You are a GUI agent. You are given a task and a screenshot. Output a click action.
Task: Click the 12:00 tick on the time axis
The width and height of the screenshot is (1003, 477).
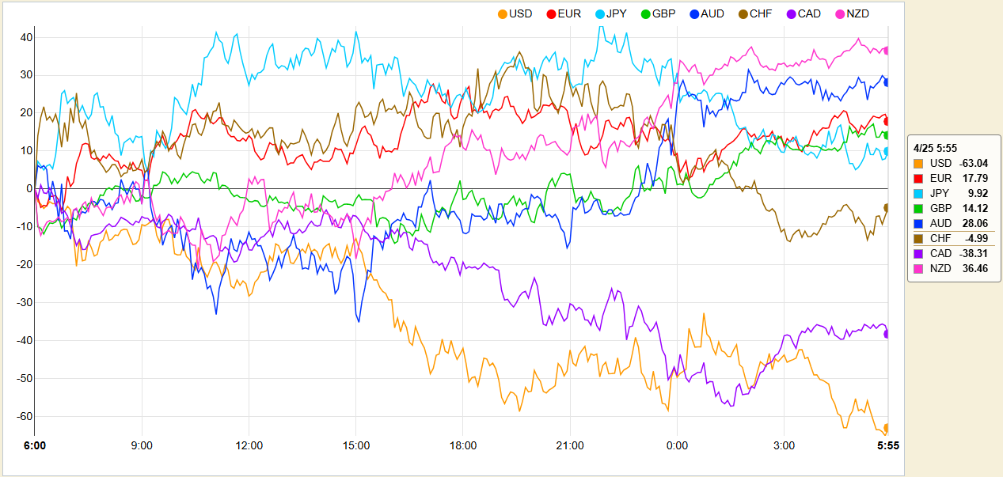click(x=249, y=445)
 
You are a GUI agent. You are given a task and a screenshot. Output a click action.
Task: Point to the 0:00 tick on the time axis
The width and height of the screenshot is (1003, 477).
click(x=677, y=445)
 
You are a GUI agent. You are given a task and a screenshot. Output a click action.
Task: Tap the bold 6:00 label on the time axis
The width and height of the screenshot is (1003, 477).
click(x=35, y=445)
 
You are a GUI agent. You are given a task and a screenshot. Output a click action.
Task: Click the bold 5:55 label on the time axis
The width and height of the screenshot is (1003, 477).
click(x=887, y=445)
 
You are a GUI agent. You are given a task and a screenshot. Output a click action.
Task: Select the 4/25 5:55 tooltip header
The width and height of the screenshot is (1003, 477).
click(x=935, y=147)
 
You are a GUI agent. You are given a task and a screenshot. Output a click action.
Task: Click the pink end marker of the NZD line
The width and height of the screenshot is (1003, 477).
click(x=887, y=51)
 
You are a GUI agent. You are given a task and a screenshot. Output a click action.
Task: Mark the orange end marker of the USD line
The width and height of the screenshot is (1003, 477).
click(x=887, y=428)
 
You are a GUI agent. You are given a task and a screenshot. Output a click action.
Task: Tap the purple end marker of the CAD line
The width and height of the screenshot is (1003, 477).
click(x=887, y=334)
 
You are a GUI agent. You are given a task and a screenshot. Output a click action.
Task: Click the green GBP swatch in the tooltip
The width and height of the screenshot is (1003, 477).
click(x=918, y=208)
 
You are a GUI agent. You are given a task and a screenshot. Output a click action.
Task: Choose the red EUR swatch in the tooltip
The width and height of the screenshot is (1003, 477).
click(x=918, y=178)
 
